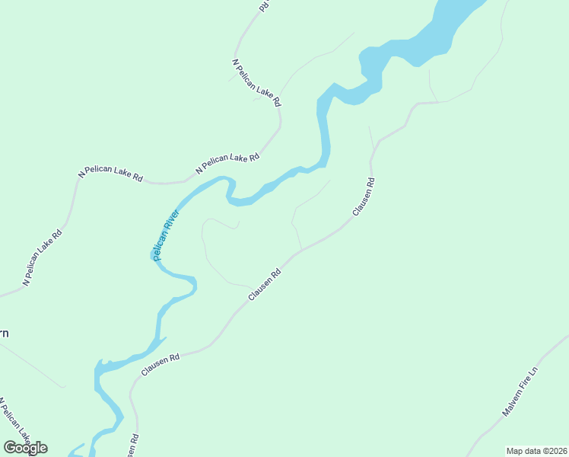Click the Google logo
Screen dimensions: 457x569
tap(25, 448)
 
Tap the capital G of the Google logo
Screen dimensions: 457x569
tap(10, 448)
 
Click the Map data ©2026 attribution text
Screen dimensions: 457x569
tap(537, 451)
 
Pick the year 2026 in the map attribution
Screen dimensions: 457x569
tap(558, 451)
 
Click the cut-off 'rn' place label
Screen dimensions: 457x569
tap(4, 333)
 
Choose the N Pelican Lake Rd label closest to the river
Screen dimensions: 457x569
tap(227, 163)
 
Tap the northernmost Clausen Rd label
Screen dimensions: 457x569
tap(364, 196)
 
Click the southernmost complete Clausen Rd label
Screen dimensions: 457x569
tap(161, 365)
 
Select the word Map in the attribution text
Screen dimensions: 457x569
tap(515, 451)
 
